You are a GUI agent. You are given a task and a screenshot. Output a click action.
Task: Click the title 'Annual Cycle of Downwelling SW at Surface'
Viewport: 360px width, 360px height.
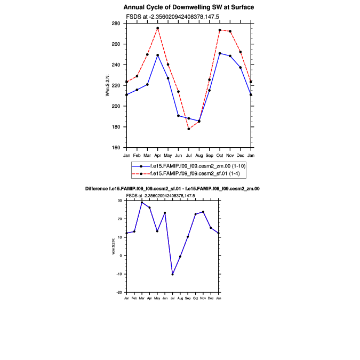(189, 7)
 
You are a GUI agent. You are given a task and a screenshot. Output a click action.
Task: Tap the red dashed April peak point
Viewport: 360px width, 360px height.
(157, 28)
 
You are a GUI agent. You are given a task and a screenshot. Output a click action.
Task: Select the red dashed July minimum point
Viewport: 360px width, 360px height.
(189, 129)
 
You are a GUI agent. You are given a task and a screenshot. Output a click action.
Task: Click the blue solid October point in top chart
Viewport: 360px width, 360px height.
(220, 53)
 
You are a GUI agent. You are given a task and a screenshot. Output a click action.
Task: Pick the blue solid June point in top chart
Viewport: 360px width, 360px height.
(178, 116)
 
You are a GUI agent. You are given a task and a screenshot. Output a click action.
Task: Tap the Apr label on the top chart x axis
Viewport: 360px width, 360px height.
(157, 155)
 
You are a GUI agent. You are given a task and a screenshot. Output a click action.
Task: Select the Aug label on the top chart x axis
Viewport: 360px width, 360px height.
(199, 155)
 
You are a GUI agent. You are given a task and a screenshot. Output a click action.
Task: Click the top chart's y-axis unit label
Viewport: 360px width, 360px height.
(108, 86)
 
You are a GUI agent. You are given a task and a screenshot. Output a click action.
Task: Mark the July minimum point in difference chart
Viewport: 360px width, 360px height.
(172, 274)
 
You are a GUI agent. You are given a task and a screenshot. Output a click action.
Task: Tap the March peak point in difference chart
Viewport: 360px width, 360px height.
(142, 203)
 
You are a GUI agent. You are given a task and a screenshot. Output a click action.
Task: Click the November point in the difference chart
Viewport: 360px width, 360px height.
(203, 212)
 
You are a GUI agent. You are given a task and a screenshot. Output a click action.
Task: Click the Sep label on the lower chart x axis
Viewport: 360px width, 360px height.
(188, 297)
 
